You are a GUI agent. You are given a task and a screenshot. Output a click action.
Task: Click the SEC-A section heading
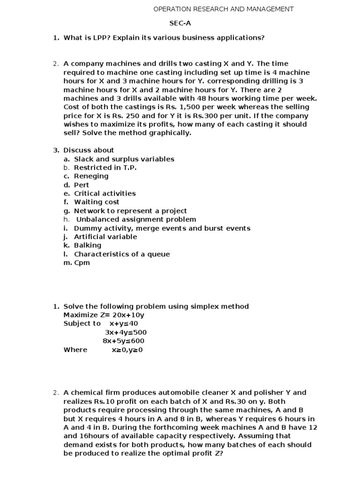pos(180,23)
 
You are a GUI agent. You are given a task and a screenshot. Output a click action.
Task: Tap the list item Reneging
pos(91,176)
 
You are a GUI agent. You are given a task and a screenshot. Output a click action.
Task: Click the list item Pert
pos(82,185)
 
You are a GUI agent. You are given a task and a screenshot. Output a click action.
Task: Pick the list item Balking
pos(88,245)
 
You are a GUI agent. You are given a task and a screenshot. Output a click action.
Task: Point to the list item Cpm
pos(82,262)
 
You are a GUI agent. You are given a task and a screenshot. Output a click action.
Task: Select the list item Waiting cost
pos(97,202)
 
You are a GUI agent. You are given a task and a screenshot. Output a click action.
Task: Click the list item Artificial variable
pos(105,237)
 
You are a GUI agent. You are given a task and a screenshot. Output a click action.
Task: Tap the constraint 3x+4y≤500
pos(126,332)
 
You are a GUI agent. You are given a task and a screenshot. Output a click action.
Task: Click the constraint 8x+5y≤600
pos(124,341)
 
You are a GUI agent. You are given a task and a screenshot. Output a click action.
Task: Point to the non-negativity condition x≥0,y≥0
pos(127,350)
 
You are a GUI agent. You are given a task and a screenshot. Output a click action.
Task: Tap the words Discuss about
pos(89,150)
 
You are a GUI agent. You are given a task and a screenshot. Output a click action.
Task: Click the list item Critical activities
pos(105,194)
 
